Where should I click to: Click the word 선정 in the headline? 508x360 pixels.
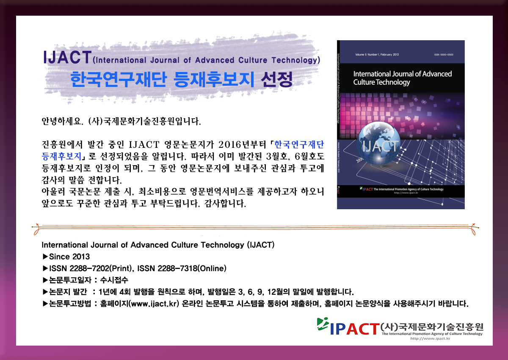[x=277, y=79]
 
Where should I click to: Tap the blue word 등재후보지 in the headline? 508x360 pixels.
[x=214, y=79]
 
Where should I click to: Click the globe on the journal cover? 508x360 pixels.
[x=379, y=144]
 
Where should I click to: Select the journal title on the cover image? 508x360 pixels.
[x=402, y=78]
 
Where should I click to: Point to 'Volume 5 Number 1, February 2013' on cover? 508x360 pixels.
[x=377, y=55]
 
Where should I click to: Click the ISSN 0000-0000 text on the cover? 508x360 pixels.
[x=444, y=55]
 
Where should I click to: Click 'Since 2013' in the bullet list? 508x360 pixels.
[x=69, y=257]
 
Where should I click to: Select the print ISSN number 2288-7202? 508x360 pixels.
[x=89, y=269]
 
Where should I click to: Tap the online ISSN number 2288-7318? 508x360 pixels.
[x=177, y=269]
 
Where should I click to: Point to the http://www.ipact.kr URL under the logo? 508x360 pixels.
[x=430, y=339]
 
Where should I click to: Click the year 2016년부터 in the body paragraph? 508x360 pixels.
[x=242, y=144]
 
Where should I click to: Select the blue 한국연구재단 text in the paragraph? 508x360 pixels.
[x=299, y=144]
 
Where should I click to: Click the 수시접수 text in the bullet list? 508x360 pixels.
[x=114, y=280]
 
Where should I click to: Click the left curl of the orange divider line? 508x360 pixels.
[x=36, y=230]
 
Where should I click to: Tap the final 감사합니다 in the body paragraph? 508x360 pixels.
[x=225, y=203]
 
